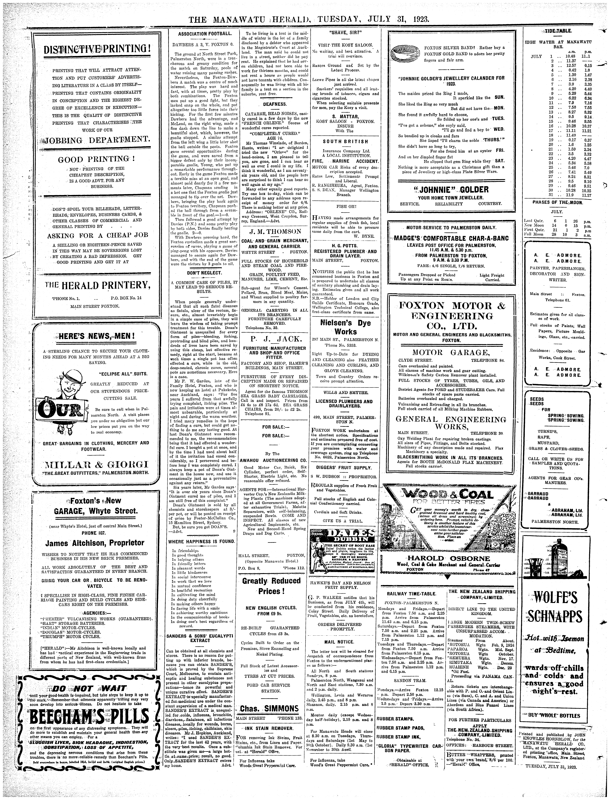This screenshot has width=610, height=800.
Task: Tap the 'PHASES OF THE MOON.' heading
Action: click(x=557, y=202)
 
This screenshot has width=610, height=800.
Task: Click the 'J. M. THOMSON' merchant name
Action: click(x=273, y=231)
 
